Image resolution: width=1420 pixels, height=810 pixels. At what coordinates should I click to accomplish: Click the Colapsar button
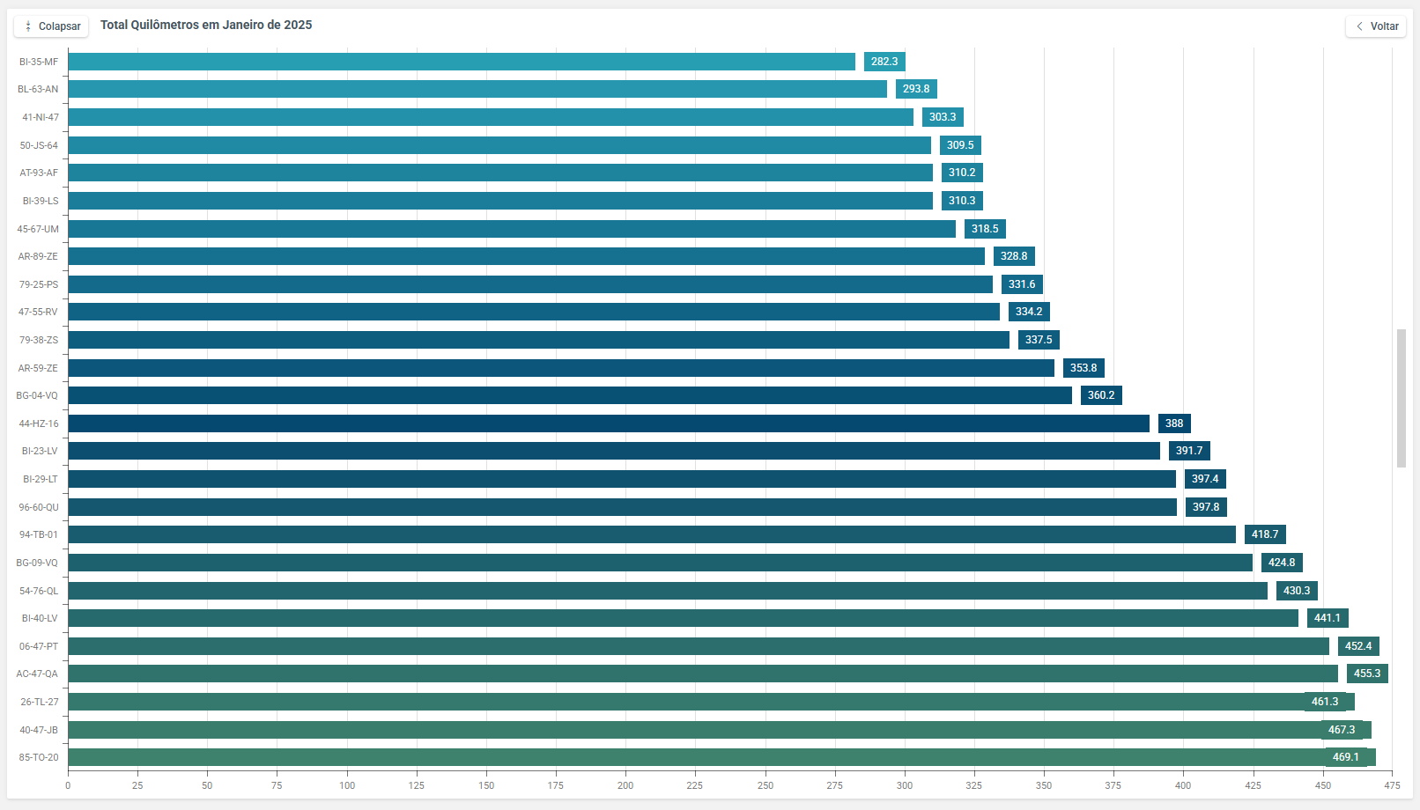(x=51, y=26)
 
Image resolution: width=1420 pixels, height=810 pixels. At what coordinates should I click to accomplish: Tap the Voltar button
(x=1376, y=26)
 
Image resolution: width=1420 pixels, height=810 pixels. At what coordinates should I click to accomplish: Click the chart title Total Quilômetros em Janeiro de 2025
(x=206, y=25)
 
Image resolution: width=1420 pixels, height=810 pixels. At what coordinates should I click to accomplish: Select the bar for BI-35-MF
(x=462, y=62)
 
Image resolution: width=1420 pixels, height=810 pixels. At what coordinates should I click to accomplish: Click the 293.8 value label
(x=915, y=89)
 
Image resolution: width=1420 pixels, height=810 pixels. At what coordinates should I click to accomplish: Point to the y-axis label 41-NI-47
(x=41, y=117)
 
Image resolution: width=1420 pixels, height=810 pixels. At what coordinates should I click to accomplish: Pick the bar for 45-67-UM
(x=511, y=229)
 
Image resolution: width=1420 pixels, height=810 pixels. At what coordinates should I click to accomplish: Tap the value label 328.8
(x=1013, y=256)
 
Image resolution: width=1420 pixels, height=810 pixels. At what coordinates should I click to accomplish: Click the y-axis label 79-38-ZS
(x=39, y=340)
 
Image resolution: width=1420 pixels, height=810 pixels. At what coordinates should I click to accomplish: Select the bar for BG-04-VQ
(x=569, y=395)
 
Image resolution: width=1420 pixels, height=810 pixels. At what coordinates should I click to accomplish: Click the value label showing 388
(x=1173, y=423)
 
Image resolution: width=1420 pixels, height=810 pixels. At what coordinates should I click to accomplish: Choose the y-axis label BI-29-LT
(x=41, y=479)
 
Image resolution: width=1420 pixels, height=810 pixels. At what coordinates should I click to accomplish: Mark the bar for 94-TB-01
(x=652, y=534)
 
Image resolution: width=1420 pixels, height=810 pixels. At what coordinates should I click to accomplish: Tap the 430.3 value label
(x=1296, y=591)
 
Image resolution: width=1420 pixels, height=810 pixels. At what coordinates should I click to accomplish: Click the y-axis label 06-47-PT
(x=39, y=646)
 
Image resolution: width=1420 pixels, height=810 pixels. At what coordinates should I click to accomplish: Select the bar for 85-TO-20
(x=696, y=757)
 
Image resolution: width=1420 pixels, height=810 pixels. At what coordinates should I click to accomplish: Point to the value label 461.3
(x=1324, y=702)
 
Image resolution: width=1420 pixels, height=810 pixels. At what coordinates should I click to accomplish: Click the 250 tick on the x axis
(x=765, y=785)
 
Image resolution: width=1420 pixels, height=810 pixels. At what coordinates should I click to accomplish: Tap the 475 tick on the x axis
(x=1391, y=785)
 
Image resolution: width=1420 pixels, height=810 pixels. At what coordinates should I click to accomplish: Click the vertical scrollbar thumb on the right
(x=1401, y=398)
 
